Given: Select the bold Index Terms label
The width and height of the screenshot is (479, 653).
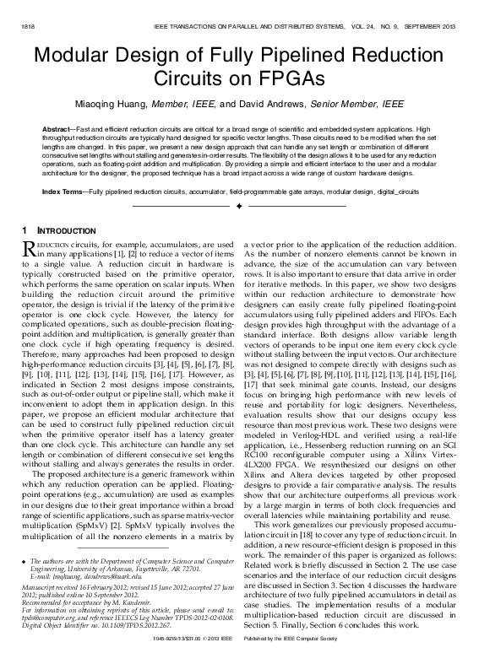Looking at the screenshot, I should [64, 192].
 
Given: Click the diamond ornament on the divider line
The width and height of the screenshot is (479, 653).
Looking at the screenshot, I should [239, 206].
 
